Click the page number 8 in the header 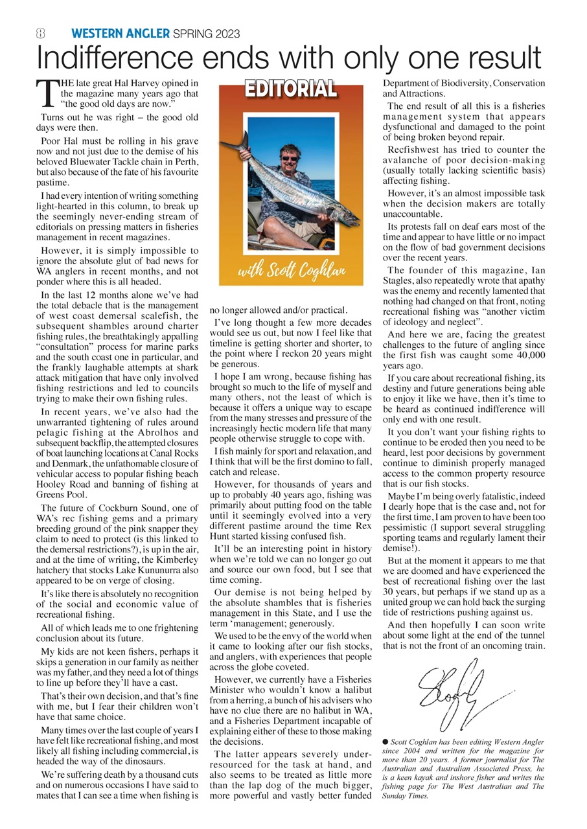coord(40,34)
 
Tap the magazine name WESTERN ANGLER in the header coord(120,34)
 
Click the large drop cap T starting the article coord(47,93)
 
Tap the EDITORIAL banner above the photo coord(290,89)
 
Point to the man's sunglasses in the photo coord(290,158)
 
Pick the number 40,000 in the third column coord(524,355)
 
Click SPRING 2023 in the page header coord(207,34)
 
